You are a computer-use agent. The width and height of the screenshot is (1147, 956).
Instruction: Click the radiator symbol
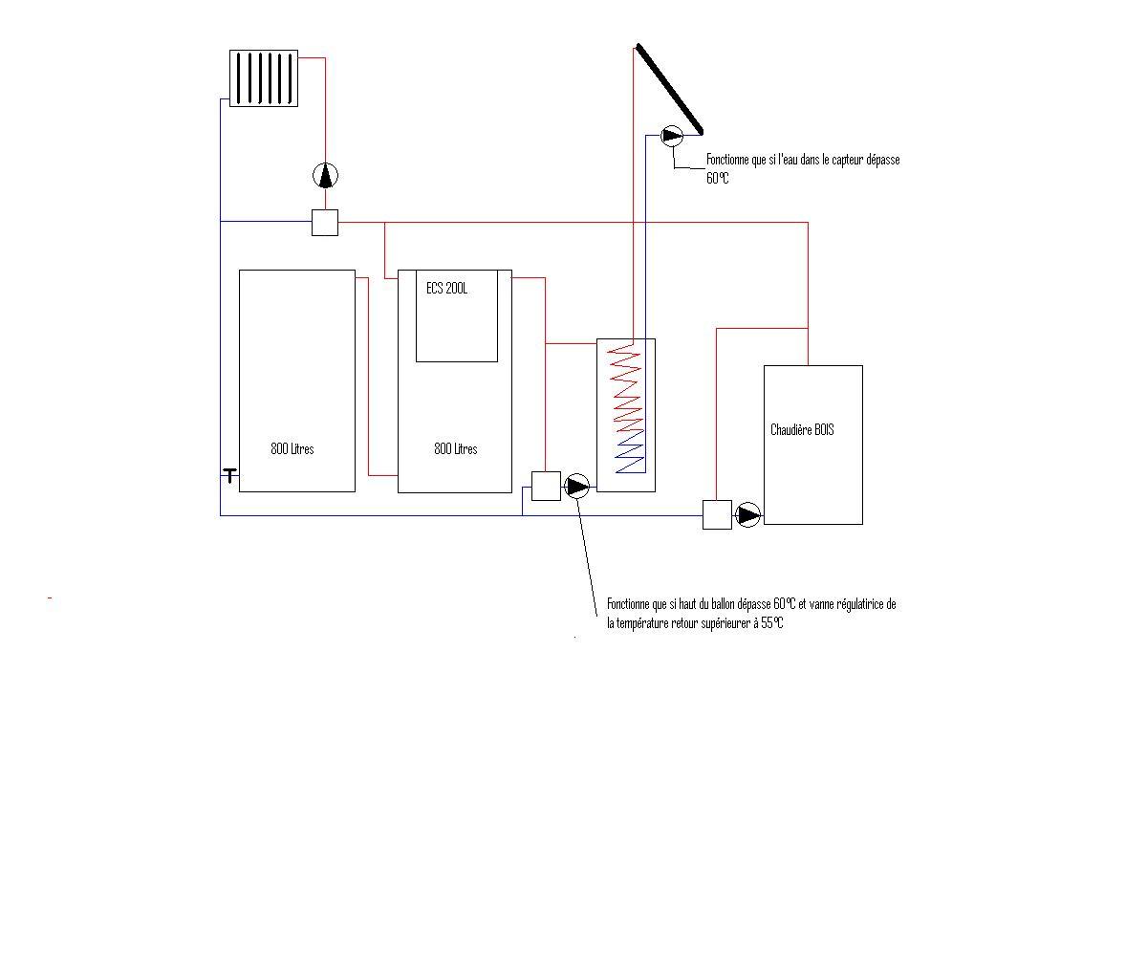point(264,77)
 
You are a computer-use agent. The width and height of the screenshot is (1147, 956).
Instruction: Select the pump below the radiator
point(326,175)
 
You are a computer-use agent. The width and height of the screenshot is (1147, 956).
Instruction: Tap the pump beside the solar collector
point(672,135)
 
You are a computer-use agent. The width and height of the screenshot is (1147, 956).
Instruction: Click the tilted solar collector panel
point(670,88)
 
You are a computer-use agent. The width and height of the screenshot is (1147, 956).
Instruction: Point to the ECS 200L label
point(447,288)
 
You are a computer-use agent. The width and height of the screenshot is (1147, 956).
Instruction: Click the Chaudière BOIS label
point(802,430)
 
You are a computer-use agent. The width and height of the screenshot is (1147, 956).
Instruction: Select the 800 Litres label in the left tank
point(292,448)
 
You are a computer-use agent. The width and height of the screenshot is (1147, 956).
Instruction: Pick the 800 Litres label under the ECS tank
point(456,448)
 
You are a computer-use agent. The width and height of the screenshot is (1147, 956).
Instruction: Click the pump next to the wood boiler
point(748,515)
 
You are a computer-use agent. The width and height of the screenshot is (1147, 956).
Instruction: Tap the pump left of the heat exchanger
point(577,487)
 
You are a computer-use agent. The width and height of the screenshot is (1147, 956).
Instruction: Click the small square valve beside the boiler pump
point(717,514)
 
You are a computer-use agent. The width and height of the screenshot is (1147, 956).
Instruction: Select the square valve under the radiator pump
point(325,223)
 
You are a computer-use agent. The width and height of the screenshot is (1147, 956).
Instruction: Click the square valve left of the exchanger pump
point(546,486)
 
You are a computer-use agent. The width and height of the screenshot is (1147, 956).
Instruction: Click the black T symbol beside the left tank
point(230,474)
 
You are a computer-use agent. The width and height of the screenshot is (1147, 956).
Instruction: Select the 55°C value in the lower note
point(772,623)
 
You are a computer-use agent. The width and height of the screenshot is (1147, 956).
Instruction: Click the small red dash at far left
point(49,598)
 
